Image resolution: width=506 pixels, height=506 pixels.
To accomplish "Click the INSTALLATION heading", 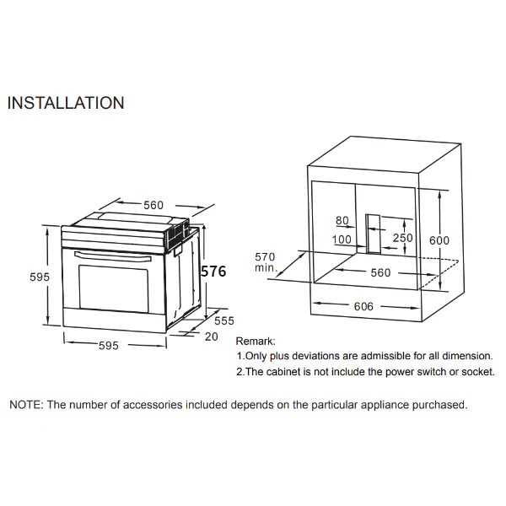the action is [x=66, y=103].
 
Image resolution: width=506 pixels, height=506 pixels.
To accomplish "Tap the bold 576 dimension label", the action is [x=213, y=271].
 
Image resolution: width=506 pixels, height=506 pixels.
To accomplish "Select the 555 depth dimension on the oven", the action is [x=224, y=320].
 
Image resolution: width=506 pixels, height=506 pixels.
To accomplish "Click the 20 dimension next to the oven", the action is [x=212, y=336].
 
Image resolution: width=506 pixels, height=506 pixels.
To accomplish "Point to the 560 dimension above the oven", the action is [x=153, y=205].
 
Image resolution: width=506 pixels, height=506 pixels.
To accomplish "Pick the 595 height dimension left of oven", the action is [x=40, y=277].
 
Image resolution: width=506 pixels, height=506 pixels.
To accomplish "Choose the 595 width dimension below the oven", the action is [x=109, y=346].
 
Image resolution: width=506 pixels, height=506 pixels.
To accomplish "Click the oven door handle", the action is [x=113, y=256].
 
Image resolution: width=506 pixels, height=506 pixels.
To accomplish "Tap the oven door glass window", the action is [x=114, y=288].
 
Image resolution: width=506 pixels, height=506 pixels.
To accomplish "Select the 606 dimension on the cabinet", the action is [x=363, y=306].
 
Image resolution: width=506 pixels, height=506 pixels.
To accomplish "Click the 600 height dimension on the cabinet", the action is [x=439, y=240].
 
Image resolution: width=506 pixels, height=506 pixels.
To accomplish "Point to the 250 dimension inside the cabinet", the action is [x=403, y=238].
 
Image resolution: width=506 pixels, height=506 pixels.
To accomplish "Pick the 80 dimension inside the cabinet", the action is [x=342, y=220].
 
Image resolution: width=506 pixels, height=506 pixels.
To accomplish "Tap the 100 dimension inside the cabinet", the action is [x=342, y=240].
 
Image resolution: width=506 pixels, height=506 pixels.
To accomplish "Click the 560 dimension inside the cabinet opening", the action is [x=380, y=272].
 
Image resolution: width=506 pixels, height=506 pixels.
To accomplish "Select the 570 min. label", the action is [x=266, y=262].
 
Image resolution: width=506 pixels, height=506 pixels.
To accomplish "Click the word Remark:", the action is [x=256, y=341].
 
